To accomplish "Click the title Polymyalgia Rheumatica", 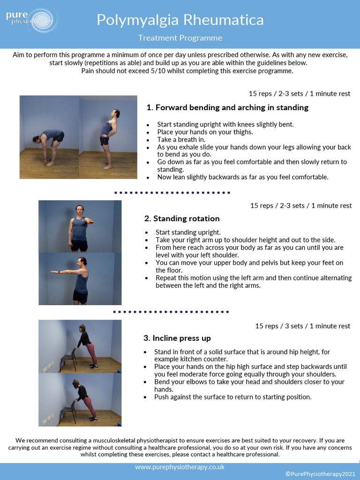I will coord(180,20).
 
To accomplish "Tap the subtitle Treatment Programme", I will coord(180,38).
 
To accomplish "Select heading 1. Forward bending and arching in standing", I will coord(227,107).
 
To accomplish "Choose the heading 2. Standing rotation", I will coord(182,218).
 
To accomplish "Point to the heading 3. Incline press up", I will coord(177,338).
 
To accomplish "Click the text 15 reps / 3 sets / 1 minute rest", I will coord(302,326).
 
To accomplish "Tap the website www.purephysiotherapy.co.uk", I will coord(180,467).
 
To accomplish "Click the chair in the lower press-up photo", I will coord(68,412).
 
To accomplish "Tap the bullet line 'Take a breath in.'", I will coord(181,139).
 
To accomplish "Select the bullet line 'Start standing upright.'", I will coord(188,232).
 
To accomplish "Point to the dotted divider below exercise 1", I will coord(172,192).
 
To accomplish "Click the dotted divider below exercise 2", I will coord(171,311).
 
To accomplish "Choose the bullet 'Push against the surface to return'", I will coord(232,397).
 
